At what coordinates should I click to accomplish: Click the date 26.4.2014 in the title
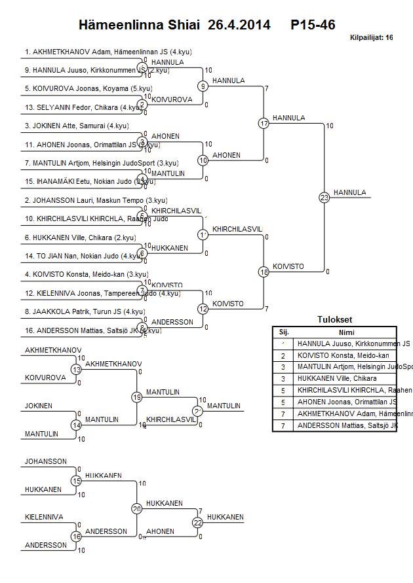[x=239, y=25]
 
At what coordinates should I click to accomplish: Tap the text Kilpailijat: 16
[x=371, y=38]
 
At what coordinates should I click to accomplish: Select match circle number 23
[x=324, y=197]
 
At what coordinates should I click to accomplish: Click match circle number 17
[x=264, y=123]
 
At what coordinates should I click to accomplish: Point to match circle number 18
[x=264, y=272]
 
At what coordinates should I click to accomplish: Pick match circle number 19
[x=137, y=397]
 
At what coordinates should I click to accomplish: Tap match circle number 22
[x=198, y=522]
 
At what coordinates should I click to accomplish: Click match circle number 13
[x=77, y=370]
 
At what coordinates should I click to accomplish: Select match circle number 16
[x=77, y=537]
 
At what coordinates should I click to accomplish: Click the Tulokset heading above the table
[x=334, y=320]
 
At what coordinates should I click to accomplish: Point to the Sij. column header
[x=284, y=332]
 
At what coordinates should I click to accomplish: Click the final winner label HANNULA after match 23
[x=349, y=192]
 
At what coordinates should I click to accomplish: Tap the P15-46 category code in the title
[x=313, y=25]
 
